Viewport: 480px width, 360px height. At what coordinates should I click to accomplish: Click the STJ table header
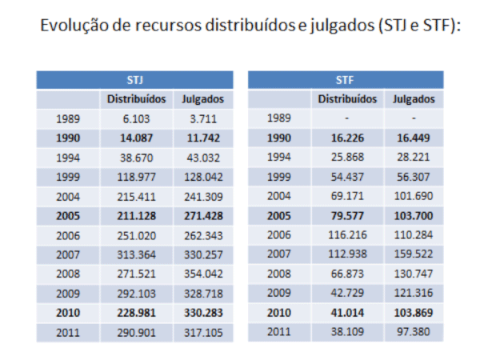(134, 80)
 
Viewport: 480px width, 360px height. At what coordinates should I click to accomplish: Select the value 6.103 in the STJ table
(136, 118)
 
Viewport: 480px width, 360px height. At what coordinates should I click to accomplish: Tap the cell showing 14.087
(136, 138)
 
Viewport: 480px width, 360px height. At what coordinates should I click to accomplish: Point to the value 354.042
(202, 274)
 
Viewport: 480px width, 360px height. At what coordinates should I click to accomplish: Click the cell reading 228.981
(136, 312)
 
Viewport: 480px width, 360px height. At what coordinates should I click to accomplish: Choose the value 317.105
(202, 331)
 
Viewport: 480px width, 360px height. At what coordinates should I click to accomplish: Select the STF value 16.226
(347, 138)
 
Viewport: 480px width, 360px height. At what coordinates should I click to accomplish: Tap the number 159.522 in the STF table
(414, 254)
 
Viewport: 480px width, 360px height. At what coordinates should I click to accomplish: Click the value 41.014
(347, 312)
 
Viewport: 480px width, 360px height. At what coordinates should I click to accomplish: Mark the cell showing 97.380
(414, 331)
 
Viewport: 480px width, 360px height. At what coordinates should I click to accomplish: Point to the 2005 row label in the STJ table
(69, 215)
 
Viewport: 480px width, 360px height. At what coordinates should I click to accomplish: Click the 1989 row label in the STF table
(280, 118)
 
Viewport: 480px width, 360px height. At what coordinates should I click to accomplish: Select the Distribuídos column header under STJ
(136, 100)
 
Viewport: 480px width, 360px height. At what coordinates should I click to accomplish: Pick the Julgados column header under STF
(414, 100)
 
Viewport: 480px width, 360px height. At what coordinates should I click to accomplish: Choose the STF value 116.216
(347, 234)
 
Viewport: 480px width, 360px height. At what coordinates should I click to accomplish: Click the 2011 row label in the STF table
(280, 331)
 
